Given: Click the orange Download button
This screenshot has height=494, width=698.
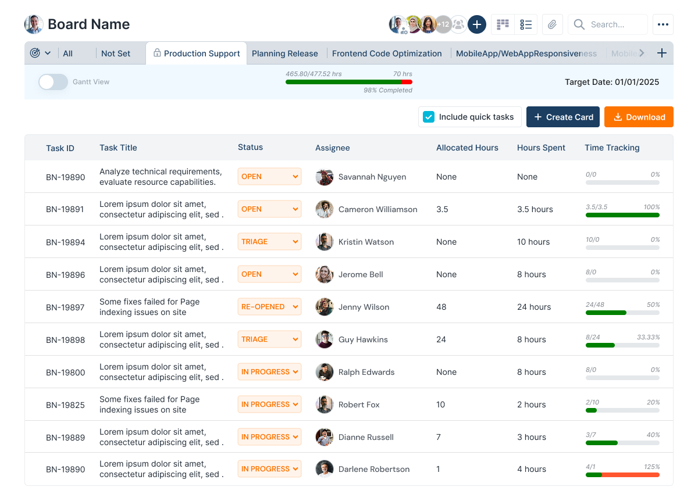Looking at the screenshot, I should tap(639, 117).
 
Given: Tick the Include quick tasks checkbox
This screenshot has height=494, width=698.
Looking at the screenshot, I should tap(429, 117).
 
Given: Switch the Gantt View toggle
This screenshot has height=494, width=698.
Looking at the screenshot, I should tap(53, 82).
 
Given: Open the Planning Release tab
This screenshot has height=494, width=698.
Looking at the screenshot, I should tap(284, 53).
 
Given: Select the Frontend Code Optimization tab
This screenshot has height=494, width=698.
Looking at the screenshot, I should tap(387, 53).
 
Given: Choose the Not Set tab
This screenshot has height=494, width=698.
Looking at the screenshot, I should tap(116, 53).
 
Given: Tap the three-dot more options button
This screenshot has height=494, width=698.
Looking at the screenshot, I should tap(663, 24).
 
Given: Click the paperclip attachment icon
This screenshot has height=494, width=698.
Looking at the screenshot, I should tap(552, 24).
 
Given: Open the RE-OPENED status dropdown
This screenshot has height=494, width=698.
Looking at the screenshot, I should tap(269, 307).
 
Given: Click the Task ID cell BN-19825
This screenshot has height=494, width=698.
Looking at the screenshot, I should tap(66, 404).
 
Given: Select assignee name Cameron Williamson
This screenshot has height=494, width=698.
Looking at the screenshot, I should tap(378, 209).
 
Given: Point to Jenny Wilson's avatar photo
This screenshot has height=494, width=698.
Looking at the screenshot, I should tap(324, 307).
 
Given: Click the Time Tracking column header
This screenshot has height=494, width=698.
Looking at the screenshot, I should tap(612, 148).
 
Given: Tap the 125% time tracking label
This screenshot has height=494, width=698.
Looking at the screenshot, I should tap(651, 467).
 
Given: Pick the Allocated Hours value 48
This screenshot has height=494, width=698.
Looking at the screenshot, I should tap(441, 307).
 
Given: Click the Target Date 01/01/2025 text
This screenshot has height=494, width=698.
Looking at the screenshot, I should tap(612, 82).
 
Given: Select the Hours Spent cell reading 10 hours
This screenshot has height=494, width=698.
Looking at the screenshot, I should tap(533, 242).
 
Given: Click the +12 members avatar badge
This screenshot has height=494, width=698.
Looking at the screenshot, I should tap(443, 24).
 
